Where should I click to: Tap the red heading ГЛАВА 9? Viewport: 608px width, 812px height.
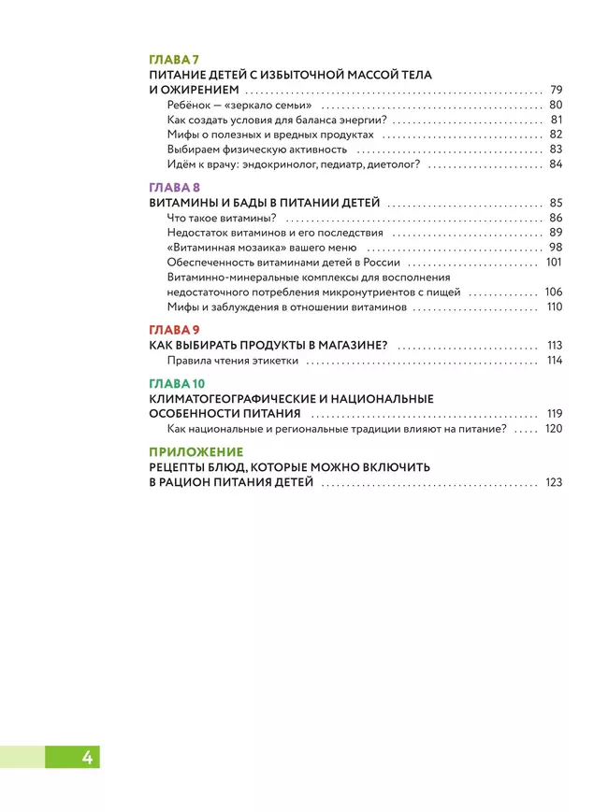pos(175,330)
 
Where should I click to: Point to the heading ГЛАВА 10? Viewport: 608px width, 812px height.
pos(178,384)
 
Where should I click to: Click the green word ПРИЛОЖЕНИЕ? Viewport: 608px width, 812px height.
pos(195,452)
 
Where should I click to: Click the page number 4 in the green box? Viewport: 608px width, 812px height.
pos(87,757)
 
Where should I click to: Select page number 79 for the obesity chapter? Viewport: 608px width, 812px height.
pos(556,90)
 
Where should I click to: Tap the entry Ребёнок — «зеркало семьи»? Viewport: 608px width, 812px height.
pos(239,106)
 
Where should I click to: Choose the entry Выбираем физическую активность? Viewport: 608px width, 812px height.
pos(257,150)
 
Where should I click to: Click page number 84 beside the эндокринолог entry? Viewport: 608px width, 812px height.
pos(556,164)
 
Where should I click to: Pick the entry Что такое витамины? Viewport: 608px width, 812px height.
pos(215,218)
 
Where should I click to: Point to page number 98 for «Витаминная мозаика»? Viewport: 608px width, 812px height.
pos(556,248)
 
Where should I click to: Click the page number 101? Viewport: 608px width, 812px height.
pos(554,263)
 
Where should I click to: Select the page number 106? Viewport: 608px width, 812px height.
pos(554,292)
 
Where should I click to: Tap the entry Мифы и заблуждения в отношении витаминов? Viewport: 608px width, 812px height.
pos(287,307)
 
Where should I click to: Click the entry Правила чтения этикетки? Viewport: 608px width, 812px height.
pos(233,361)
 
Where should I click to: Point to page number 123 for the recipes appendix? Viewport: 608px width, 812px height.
pos(553,483)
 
